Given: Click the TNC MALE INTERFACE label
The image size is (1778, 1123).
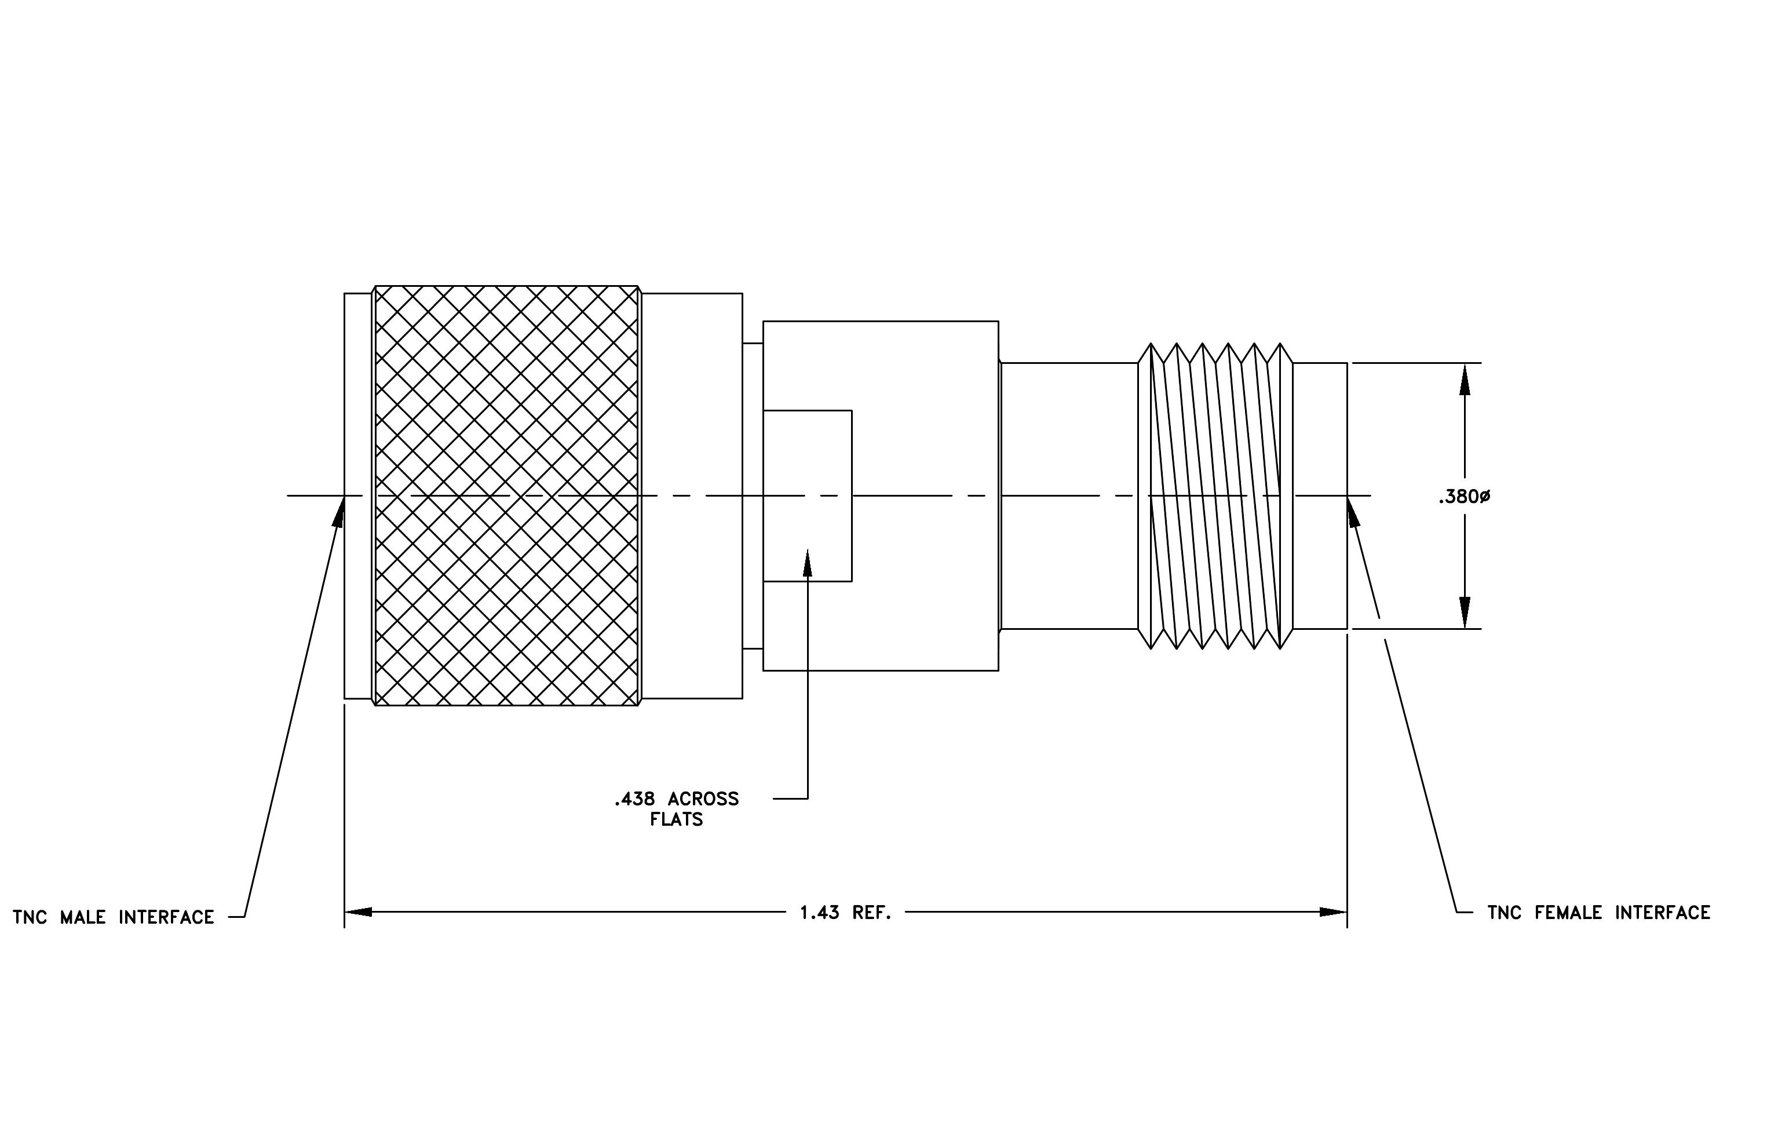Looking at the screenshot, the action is click(x=113, y=918).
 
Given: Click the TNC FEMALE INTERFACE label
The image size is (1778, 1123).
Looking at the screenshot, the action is click(x=1598, y=913).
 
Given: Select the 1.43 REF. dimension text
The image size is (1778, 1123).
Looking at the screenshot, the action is click(x=845, y=913).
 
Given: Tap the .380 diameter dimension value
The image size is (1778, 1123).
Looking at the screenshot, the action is click(x=1464, y=497).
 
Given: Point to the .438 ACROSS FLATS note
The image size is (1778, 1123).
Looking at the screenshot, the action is click(x=676, y=809).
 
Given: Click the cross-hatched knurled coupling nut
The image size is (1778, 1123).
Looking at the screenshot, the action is click(x=506, y=495).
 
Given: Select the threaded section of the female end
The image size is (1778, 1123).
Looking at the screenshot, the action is click(x=1215, y=495).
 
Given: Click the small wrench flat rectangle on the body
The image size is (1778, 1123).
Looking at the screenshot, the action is click(x=807, y=495).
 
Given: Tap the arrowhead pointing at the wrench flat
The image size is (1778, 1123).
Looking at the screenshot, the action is click(x=808, y=562).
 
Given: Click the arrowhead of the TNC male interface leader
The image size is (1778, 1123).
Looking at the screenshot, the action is click(x=339, y=510).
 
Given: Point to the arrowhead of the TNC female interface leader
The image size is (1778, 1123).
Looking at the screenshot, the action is click(x=1353, y=511).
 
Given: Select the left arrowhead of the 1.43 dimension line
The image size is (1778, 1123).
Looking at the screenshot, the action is click(x=358, y=912).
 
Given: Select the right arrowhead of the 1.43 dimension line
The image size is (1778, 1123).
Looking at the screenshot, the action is click(x=1334, y=912).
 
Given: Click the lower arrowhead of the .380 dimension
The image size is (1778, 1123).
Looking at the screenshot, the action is click(x=1465, y=613).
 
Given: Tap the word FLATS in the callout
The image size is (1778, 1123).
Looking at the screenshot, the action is click(x=676, y=819).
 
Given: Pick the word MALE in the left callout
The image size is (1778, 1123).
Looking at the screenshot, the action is click(x=83, y=918).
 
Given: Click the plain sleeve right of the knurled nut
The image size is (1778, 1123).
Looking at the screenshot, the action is click(x=692, y=495).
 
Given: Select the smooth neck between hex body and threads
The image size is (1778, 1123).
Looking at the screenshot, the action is click(x=1069, y=495).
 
